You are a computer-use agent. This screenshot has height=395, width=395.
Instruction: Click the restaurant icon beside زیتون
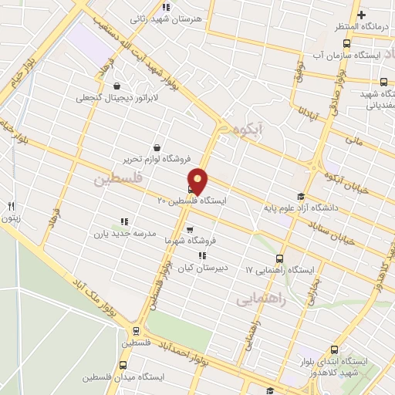pos(11,206)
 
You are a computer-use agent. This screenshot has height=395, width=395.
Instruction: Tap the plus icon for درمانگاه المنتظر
pos(361,15)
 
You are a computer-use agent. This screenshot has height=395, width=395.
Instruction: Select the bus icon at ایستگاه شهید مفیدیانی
pos(383,82)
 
